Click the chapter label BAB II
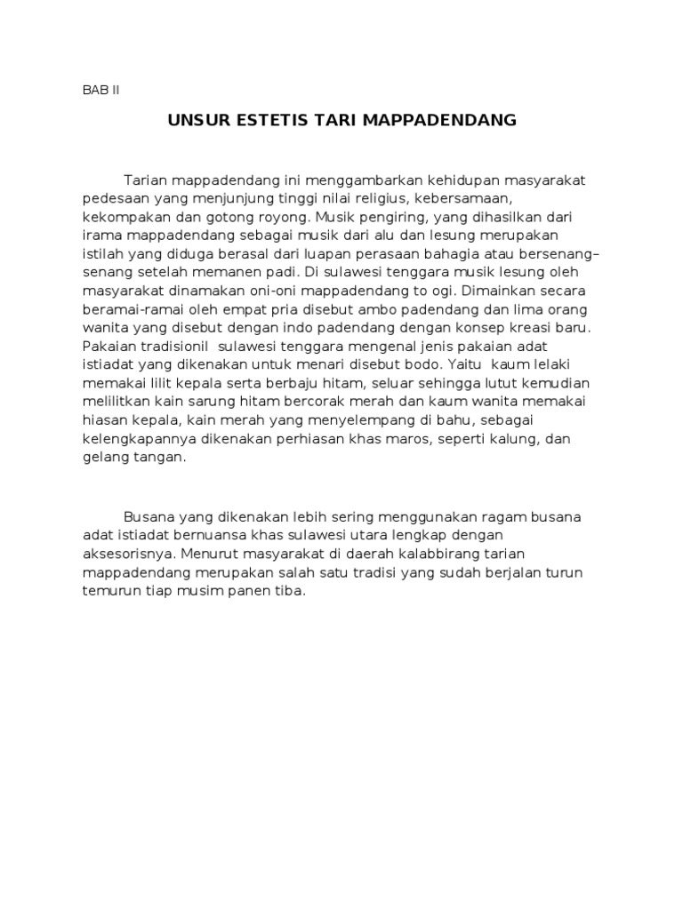[100, 90]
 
